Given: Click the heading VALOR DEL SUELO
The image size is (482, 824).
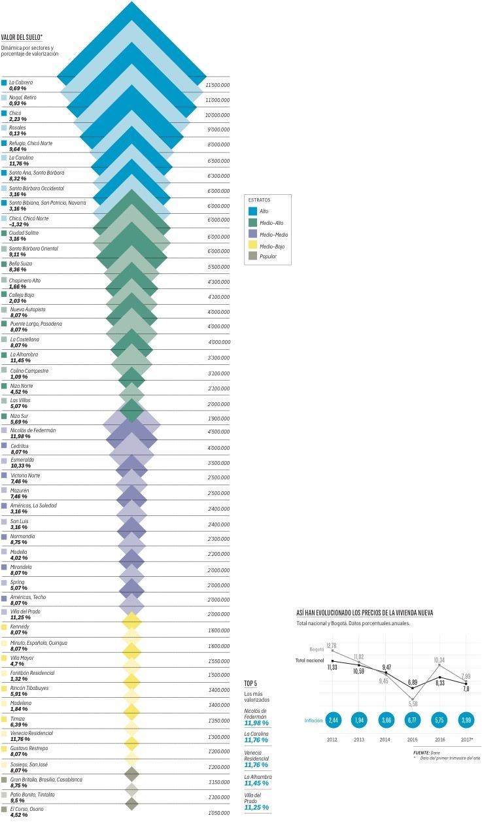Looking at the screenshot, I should tap(22, 38).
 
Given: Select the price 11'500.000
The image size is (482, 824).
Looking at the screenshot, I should tap(217, 85).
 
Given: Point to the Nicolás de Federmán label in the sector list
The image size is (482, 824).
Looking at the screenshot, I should tap(33, 430).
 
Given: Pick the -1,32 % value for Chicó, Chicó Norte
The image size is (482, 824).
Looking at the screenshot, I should tap(20, 224).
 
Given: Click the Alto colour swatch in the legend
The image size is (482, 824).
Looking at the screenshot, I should tap(254, 211).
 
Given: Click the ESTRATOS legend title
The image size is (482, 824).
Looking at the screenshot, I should tap(259, 200).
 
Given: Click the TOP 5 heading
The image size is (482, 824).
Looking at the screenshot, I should tap(251, 683).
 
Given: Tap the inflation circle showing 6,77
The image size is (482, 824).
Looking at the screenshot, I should tap(412, 721).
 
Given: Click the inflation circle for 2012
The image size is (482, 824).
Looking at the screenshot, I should tap(333, 721).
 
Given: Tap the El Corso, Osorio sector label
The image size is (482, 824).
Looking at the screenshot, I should tap(27, 809).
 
